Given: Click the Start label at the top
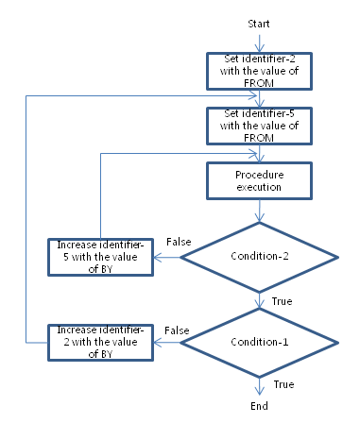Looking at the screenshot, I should (x=259, y=21).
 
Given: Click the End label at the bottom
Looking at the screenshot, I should (x=259, y=405).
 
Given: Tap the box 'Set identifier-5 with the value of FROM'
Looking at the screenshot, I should (x=259, y=123).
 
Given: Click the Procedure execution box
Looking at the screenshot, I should (x=259, y=180).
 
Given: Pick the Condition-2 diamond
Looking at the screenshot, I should (x=259, y=255).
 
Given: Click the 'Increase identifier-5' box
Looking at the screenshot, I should (x=101, y=255).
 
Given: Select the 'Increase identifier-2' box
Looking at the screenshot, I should (x=101, y=338).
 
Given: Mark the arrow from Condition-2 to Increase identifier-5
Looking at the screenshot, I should (x=167, y=255).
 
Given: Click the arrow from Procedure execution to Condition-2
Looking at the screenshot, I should (x=259, y=210).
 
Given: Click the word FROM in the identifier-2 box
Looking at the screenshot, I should (x=259, y=79).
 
